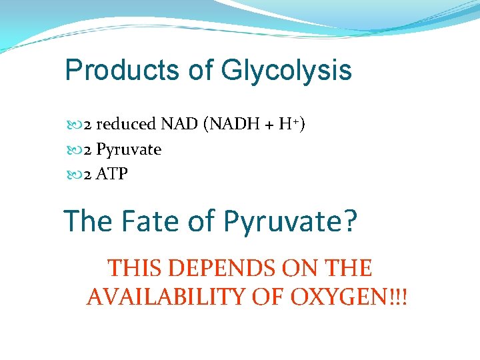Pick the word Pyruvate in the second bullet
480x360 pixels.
(129, 149)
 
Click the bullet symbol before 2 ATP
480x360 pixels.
(73, 175)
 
